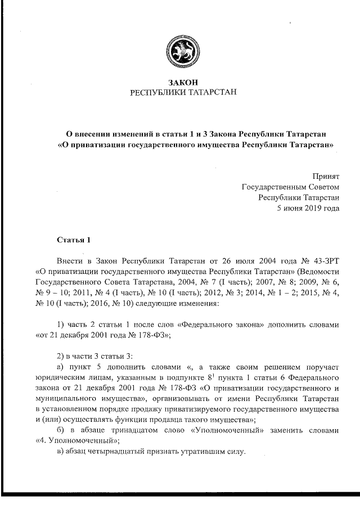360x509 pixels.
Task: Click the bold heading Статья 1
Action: click(74, 240)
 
